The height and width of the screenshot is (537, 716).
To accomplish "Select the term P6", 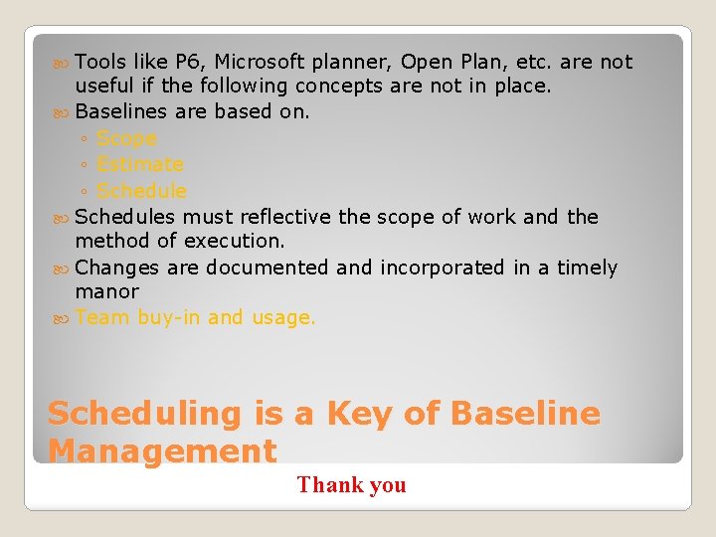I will pyautogui.click(x=188, y=62).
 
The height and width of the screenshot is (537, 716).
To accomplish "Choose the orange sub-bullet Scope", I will pyautogui.click(x=126, y=138).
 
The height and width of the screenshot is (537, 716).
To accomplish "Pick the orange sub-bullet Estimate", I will pyautogui.click(x=140, y=164).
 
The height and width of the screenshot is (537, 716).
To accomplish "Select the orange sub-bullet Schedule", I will pyautogui.click(x=141, y=190).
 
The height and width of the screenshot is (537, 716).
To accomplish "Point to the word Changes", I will pyautogui.click(x=117, y=268).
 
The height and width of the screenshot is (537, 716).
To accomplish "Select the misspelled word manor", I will pyautogui.click(x=107, y=292).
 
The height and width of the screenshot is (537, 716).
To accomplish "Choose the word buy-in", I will pyautogui.click(x=170, y=318).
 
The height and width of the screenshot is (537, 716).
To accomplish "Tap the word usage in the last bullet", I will pyautogui.click(x=282, y=318).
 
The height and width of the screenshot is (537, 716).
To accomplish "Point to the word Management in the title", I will pyautogui.click(x=162, y=450).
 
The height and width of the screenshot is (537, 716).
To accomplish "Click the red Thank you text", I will pyautogui.click(x=351, y=485).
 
